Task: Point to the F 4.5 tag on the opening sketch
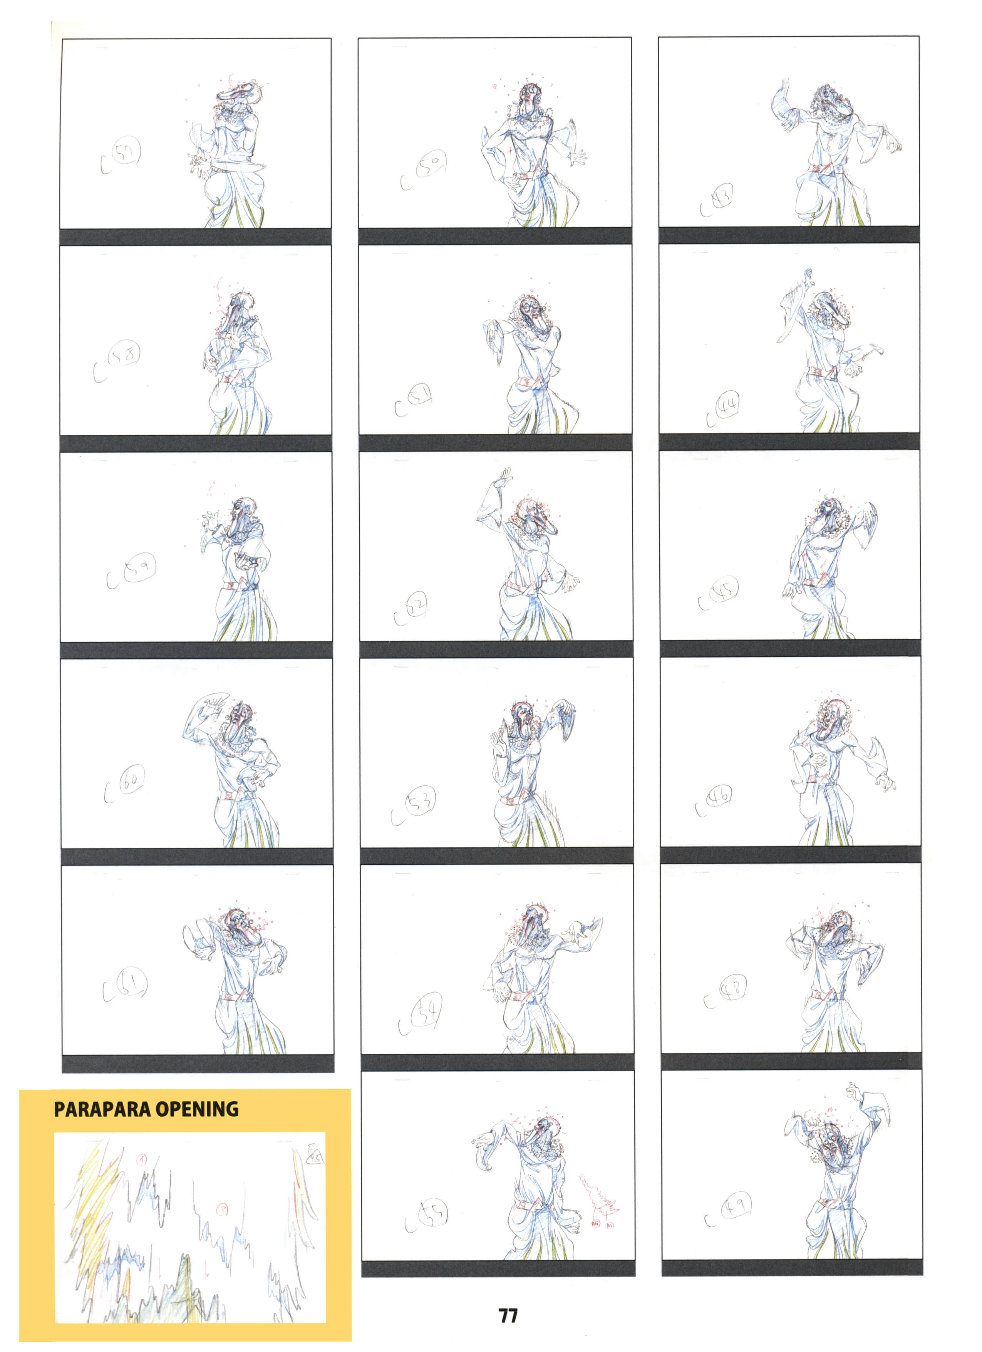click(x=313, y=1155)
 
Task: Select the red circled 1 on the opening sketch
click(x=141, y=1159)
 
